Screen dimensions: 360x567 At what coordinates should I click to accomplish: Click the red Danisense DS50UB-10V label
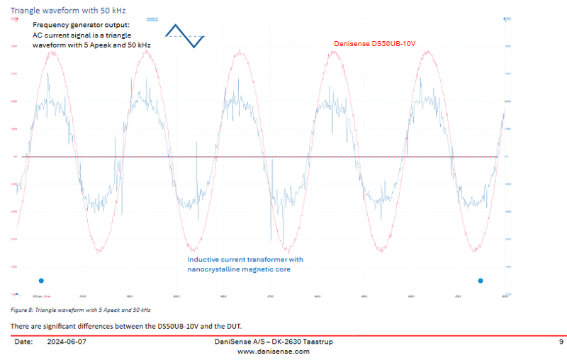[x=374, y=44]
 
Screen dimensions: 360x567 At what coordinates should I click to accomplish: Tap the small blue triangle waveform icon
[x=185, y=35]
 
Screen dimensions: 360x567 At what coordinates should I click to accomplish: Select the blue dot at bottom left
[x=41, y=281]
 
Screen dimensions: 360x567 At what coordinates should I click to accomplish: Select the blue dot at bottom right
[x=481, y=281]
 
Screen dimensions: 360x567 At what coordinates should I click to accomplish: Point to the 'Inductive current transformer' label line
[x=245, y=259]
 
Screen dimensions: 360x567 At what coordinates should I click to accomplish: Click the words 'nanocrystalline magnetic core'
[x=239, y=269]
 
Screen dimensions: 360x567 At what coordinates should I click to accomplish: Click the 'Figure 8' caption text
[x=80, y=310]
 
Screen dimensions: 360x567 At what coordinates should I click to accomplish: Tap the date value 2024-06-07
[x=67, y=342]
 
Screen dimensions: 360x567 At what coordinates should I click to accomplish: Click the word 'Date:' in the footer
[x=23, y=342]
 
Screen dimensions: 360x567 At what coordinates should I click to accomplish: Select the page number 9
[x=561, y=342]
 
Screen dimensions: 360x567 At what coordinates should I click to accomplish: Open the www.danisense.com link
[x=273, y=351]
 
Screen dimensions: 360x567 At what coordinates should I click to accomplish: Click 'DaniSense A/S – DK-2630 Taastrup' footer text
[x=273, y=342]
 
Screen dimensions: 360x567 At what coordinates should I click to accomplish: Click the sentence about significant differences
[x=126, y=326]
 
